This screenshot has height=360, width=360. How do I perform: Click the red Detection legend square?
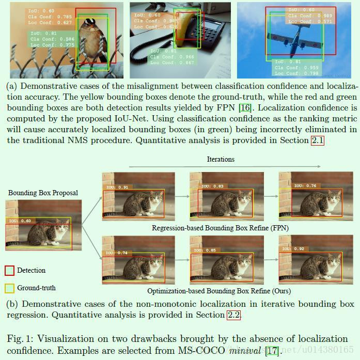(x=9, y=270)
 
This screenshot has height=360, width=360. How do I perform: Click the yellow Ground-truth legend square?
(x=9, y=288)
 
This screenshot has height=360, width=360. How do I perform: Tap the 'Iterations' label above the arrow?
(x=221, y=160)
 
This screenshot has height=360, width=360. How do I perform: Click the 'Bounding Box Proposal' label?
(x=43, y=193)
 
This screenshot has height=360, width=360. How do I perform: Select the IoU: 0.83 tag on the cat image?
(x=205, y=186)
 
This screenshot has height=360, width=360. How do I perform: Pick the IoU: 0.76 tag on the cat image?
(x=293, y=186)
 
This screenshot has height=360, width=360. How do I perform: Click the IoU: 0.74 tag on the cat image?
(x=117, y=253)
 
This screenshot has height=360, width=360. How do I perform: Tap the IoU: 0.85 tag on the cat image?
(x=205, y=251)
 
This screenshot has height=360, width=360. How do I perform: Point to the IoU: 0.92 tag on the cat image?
(x=293, y=248)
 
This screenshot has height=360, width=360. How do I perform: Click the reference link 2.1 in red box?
(x=317, y=140)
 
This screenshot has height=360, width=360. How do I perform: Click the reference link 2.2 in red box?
(x=233, y=315)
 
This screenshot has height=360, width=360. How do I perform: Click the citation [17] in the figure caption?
(x=272, y=352)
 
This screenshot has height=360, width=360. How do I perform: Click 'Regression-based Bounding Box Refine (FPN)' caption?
(x=220, y=227)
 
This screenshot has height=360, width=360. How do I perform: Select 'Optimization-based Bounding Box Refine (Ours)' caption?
(x=221, y=291)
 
